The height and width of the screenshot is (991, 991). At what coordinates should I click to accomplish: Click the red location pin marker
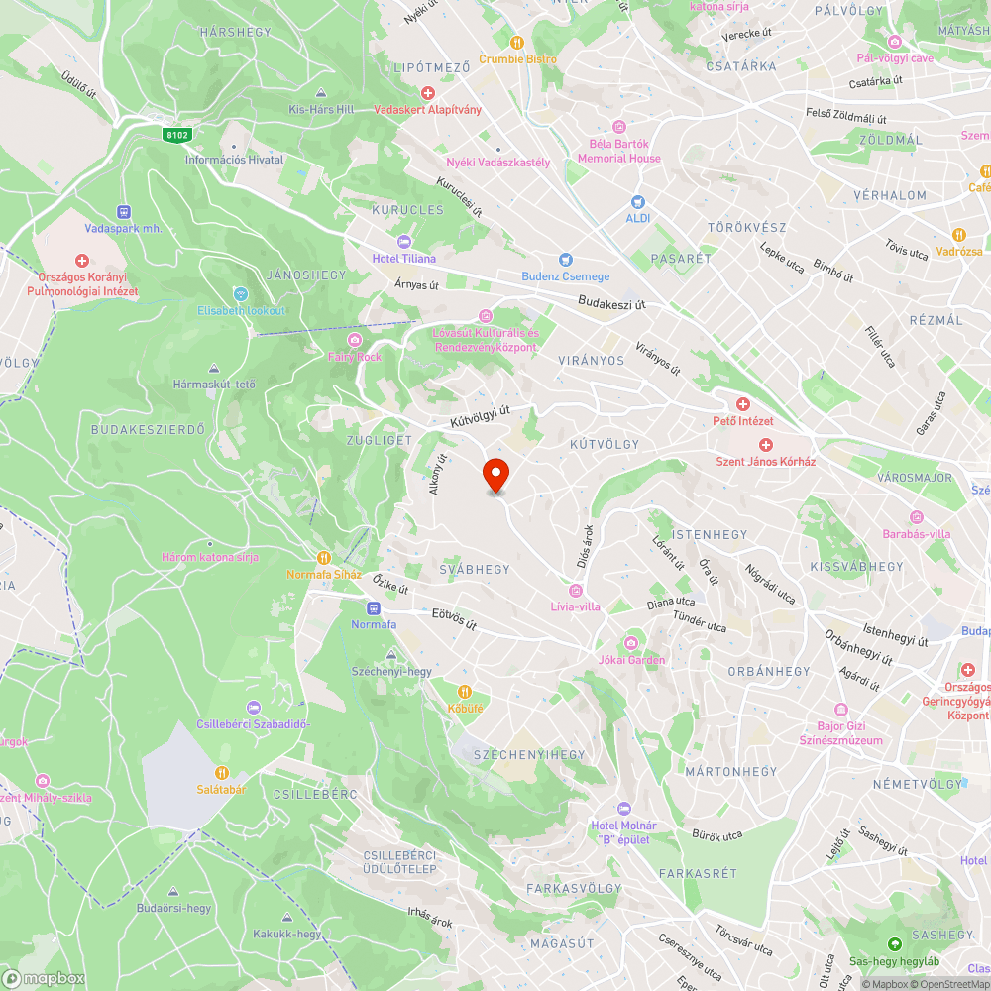(495, 474)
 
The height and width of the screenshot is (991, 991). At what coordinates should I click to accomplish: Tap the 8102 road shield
(178, 134)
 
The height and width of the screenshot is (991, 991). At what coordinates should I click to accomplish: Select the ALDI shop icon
(636, 201)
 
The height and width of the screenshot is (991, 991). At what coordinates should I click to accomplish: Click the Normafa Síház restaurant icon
(322, 557)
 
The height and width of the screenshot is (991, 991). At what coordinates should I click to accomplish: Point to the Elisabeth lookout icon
(240, 294)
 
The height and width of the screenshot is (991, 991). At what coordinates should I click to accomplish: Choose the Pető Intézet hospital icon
(742, 404)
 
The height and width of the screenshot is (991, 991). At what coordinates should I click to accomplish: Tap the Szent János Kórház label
(765, 462)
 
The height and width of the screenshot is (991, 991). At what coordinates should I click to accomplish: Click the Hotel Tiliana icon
(403, 242)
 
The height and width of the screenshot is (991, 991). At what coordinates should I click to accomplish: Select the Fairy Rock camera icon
(354, 340)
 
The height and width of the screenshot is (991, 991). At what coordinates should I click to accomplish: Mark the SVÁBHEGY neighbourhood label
(475, 569)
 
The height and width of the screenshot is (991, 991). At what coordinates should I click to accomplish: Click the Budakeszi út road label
(611, 301)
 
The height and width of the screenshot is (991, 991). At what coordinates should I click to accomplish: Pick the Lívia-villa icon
(575, 591)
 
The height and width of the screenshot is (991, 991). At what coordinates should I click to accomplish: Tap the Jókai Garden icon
(631, 644)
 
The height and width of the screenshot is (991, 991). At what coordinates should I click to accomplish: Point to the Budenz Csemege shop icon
(566, 260)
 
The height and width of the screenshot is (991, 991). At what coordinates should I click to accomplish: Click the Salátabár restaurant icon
(222, 773)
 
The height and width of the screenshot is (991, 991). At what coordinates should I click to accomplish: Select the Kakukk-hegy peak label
(287, 934)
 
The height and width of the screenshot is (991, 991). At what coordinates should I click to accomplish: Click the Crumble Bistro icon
(516, 42)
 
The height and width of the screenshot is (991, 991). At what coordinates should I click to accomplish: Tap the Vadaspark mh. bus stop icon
(123, 211)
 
